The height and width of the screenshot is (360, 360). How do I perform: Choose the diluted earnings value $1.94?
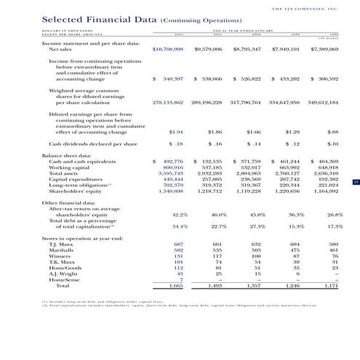click(175, 132)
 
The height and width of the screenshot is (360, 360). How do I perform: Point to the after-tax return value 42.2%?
click(180, 215)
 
